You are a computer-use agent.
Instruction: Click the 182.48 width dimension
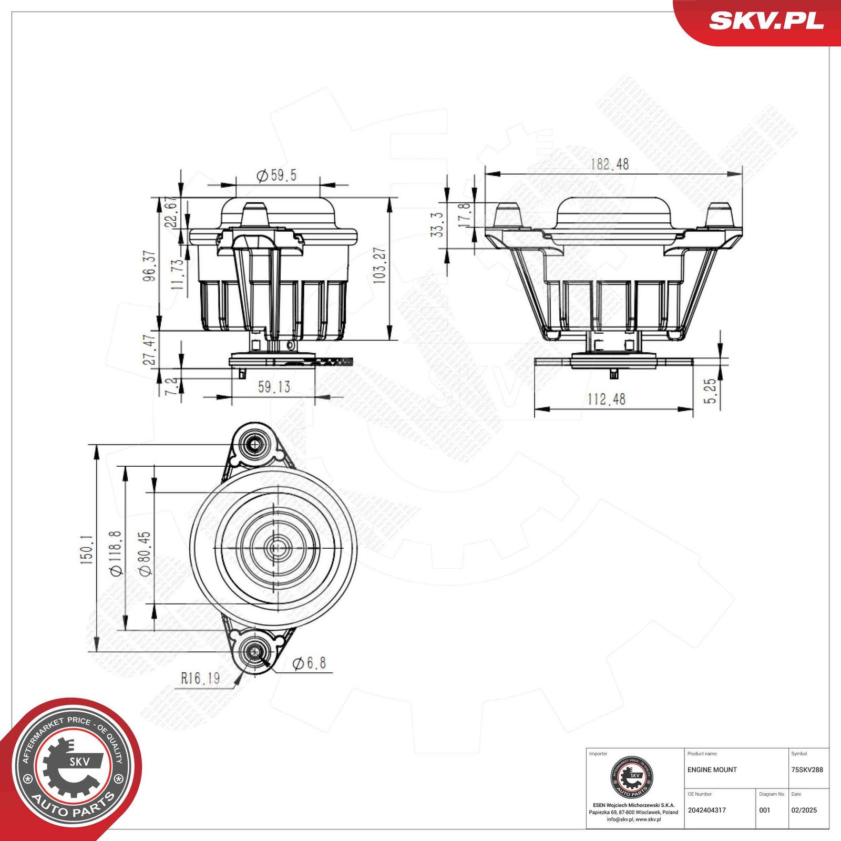pos(609,164)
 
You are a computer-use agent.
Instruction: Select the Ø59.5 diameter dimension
pos(276,175)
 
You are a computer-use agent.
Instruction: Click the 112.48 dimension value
pos(606,399)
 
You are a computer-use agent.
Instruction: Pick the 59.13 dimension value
pos(274,387)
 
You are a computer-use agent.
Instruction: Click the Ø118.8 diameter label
pos(116,553)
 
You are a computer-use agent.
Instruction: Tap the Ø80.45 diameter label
pos(145,553)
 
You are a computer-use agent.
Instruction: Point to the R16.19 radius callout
pos(200,679)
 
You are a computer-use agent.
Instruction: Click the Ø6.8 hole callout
pos(310,663)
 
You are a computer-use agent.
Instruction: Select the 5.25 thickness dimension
pos(710,391)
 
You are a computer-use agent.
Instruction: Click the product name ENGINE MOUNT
pos(712,770)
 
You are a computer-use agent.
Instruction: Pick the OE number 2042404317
pos(706,810)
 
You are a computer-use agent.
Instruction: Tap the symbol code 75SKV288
pos(807,770)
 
